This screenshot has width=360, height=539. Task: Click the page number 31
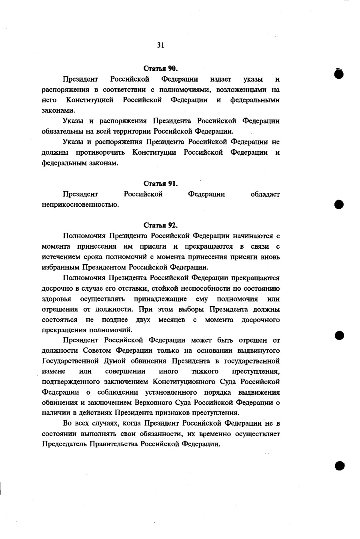[160, 45]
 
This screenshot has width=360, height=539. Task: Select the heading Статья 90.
[160, 68]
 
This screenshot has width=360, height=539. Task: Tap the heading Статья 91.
[160, 184]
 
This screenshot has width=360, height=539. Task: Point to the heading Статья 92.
[160, 225]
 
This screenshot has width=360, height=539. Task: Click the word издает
[221, 79]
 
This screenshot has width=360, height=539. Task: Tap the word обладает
[265, 194]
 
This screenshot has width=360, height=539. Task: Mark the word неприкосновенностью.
[80, 205]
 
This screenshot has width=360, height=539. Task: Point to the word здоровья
[56, 299]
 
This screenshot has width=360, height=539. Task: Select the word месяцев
[172, 320]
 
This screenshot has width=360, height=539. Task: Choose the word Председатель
[64, 445]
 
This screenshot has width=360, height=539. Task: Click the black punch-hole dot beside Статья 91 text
[339, 204]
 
